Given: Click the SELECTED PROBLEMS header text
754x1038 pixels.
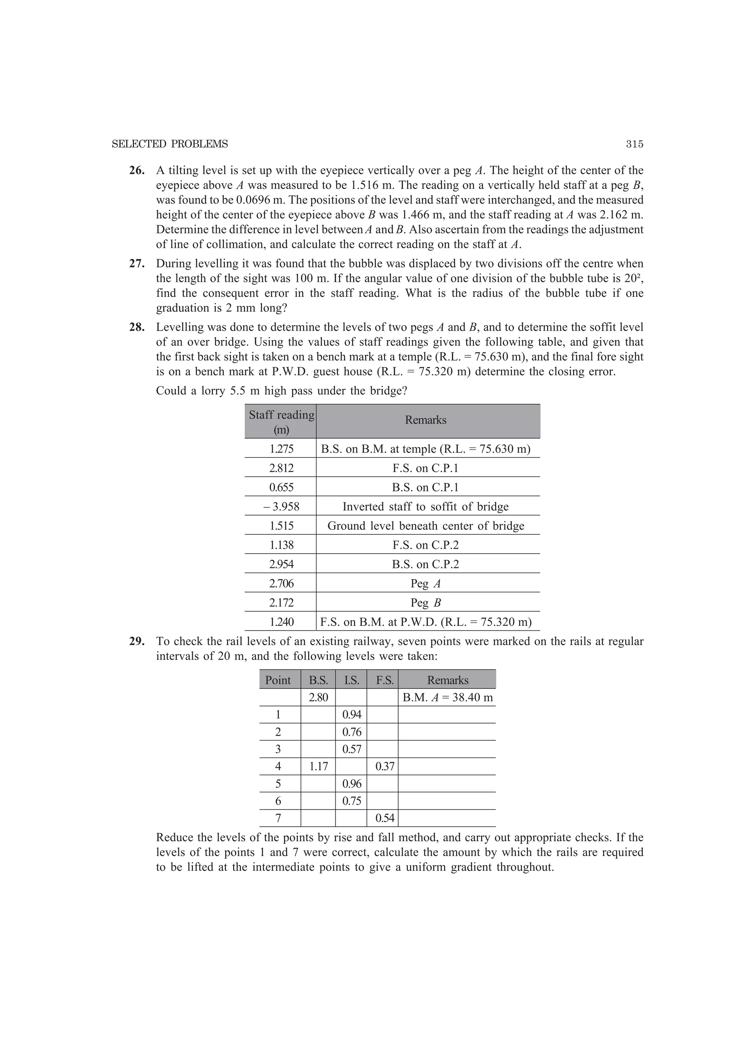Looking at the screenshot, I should tap(170, 144).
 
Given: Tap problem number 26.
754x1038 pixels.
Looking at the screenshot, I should tap(137, 171).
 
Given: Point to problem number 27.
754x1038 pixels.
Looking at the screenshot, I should tap(137, 264).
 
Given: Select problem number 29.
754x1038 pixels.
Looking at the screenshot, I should tap(137, 642).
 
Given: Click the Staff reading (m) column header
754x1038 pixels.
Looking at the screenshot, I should tap(281, 421).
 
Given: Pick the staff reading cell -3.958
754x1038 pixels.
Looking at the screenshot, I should tap(281, 506).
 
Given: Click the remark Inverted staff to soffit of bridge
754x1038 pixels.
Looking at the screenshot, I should tap(426, 506).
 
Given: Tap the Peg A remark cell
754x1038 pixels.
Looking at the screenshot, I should tap(426, 583).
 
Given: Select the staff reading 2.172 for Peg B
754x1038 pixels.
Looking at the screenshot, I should tap(281, 603).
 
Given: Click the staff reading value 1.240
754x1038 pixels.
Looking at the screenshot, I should tap(281, 622).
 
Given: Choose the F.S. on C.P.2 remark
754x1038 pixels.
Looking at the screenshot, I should tap(426, 545).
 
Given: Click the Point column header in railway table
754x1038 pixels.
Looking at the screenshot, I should tap(278, 680).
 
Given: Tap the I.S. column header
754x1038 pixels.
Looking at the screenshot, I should tap(351, 680).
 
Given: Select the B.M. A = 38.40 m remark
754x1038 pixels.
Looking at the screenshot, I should tap(447, 698).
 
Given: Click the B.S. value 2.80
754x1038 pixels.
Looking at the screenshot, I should tap(318, 698).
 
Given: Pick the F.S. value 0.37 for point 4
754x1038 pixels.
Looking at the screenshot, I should tap(384, 767).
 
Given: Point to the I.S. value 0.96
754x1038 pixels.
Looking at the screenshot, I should tap(351, 784).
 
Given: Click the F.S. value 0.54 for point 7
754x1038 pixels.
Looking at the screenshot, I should tap(384, 818).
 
